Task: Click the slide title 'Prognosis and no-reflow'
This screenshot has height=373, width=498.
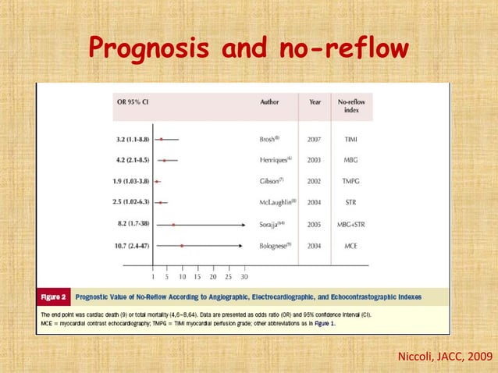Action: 248,48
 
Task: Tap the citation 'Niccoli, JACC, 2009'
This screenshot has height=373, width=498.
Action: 445,357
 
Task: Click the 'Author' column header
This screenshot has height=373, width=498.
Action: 269,101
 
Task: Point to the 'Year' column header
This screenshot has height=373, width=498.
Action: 315,101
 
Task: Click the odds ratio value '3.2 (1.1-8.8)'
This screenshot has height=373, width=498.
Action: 129,139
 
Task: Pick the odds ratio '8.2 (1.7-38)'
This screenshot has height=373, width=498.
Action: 129,225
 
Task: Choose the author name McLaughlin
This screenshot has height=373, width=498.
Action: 278,203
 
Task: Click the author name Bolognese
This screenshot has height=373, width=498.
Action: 276,246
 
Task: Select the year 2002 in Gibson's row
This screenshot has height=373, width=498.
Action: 315,181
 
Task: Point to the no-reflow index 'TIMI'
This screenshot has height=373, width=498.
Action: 353,139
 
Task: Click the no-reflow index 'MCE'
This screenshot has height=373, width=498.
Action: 353,246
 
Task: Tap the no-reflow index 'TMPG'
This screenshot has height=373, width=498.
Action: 353,181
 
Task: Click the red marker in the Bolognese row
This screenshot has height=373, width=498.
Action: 182,246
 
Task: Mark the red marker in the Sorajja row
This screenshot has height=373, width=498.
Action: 174,225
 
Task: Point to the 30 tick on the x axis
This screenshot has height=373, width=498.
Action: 244,276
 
